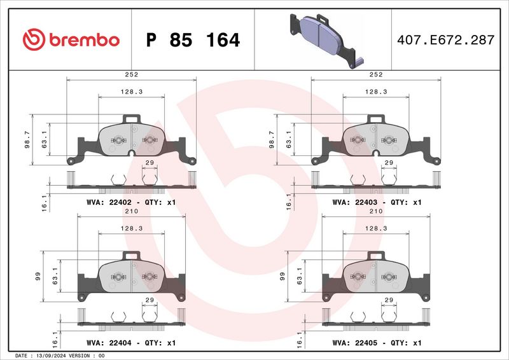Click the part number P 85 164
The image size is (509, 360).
tap(193, 40)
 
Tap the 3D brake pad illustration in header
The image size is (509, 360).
tap(323, 39)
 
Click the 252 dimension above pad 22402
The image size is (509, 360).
tap(132, 74)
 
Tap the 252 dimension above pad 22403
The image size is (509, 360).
tap(376, 74)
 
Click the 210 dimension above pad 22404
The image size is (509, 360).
tap(132, 211)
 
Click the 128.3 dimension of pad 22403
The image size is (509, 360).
tap(376, 92)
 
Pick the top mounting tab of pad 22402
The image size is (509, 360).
tap(132, 118)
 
